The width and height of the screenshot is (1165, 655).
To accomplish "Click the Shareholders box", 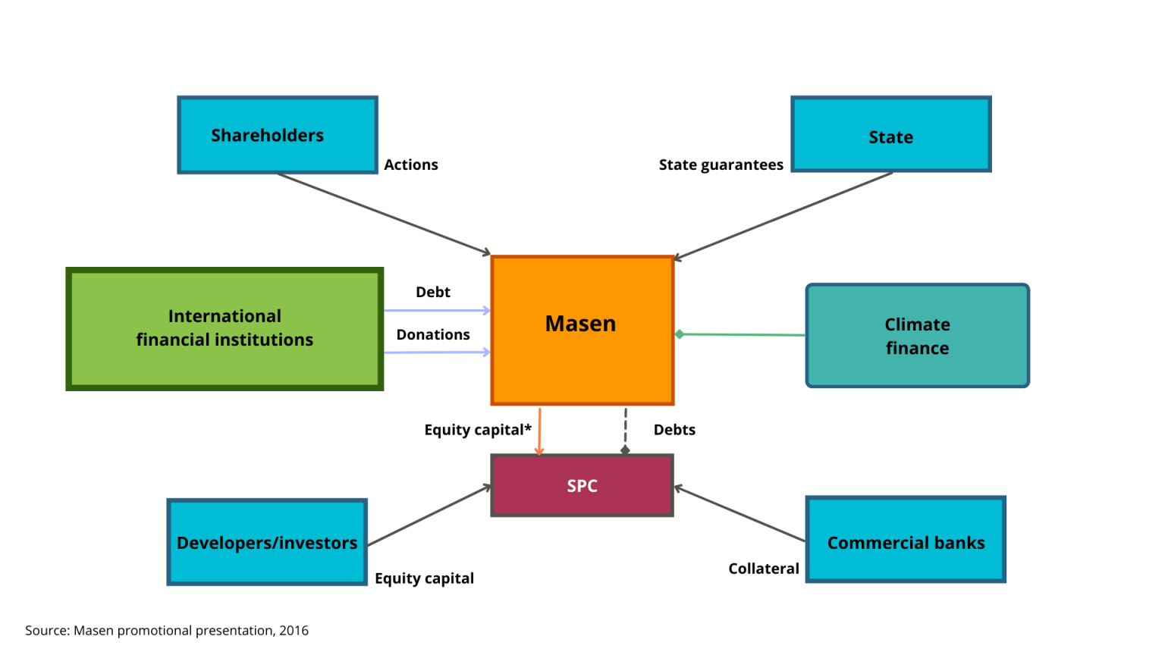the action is pyautogui.click(x=277, y=135).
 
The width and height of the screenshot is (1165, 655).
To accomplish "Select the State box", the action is pyautogui.click(x=891, y=134).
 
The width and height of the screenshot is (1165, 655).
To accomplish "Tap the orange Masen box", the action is pyautogui.click(x=582, y=330).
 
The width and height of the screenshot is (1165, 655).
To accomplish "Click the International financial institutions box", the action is pyautogui.click(x=225, y=328).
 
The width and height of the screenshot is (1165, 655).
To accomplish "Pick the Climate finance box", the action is pyautogui.click(x=918, y=335).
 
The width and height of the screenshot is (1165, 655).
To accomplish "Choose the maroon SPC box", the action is pyautogui.click(x=582, y=485).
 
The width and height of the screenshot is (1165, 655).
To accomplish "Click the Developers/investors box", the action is pyautogui.click(x=267, y=542).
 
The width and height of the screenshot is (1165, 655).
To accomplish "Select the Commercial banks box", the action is pyautogui.click(x=906, y=539).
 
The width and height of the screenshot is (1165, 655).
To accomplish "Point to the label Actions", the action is pyautogui.click(x=411, y=165).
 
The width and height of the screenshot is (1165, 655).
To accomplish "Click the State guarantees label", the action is pyautogui.click(x=721, y=165).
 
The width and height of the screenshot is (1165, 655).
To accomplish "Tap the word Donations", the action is pyautogui.click(x=433, y=334).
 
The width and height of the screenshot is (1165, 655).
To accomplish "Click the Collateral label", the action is pyautogui.click(x=764, y=569).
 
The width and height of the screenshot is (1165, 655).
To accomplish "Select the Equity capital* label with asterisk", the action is pyautogui.click(x=478, y=430).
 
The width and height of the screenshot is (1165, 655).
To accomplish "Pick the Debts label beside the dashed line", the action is pyautogui.click(x=674, y=430).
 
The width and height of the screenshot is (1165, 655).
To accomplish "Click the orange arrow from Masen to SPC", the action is pyautogui.click(x=539, y=431).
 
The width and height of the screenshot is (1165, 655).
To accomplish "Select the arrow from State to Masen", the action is pyautogui.click(x=783, y=216).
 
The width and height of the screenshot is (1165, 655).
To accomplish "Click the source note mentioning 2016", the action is pyautogui.click(x=167, y=631).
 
